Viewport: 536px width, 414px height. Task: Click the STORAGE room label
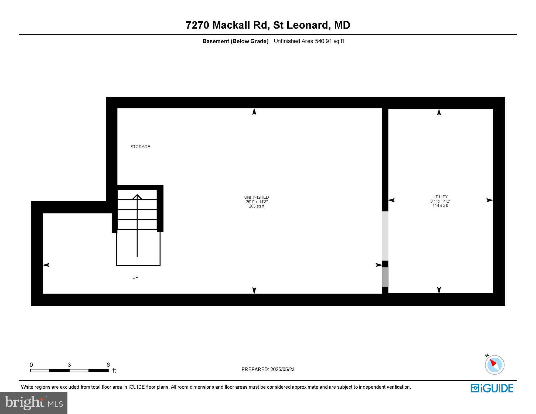140,147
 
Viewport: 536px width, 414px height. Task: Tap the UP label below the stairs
135,277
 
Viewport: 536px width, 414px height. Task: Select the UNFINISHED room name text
257,197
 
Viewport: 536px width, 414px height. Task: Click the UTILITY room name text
440,197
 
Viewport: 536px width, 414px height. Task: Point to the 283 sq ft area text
257,206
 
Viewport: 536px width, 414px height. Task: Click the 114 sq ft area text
440,205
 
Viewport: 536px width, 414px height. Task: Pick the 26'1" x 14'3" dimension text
257,202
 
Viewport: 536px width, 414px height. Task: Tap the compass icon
494,365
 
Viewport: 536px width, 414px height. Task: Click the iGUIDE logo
492,388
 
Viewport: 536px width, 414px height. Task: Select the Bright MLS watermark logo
34,403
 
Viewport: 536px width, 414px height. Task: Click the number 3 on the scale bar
69,365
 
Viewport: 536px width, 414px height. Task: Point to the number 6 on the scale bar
108,365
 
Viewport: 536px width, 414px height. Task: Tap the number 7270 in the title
197,25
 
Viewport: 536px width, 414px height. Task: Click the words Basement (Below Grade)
235,41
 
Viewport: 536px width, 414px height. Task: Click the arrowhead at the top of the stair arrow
137,196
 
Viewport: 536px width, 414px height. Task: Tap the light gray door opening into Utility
385,236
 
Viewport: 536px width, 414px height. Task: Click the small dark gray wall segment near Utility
385,277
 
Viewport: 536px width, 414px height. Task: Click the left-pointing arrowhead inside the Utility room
391,200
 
